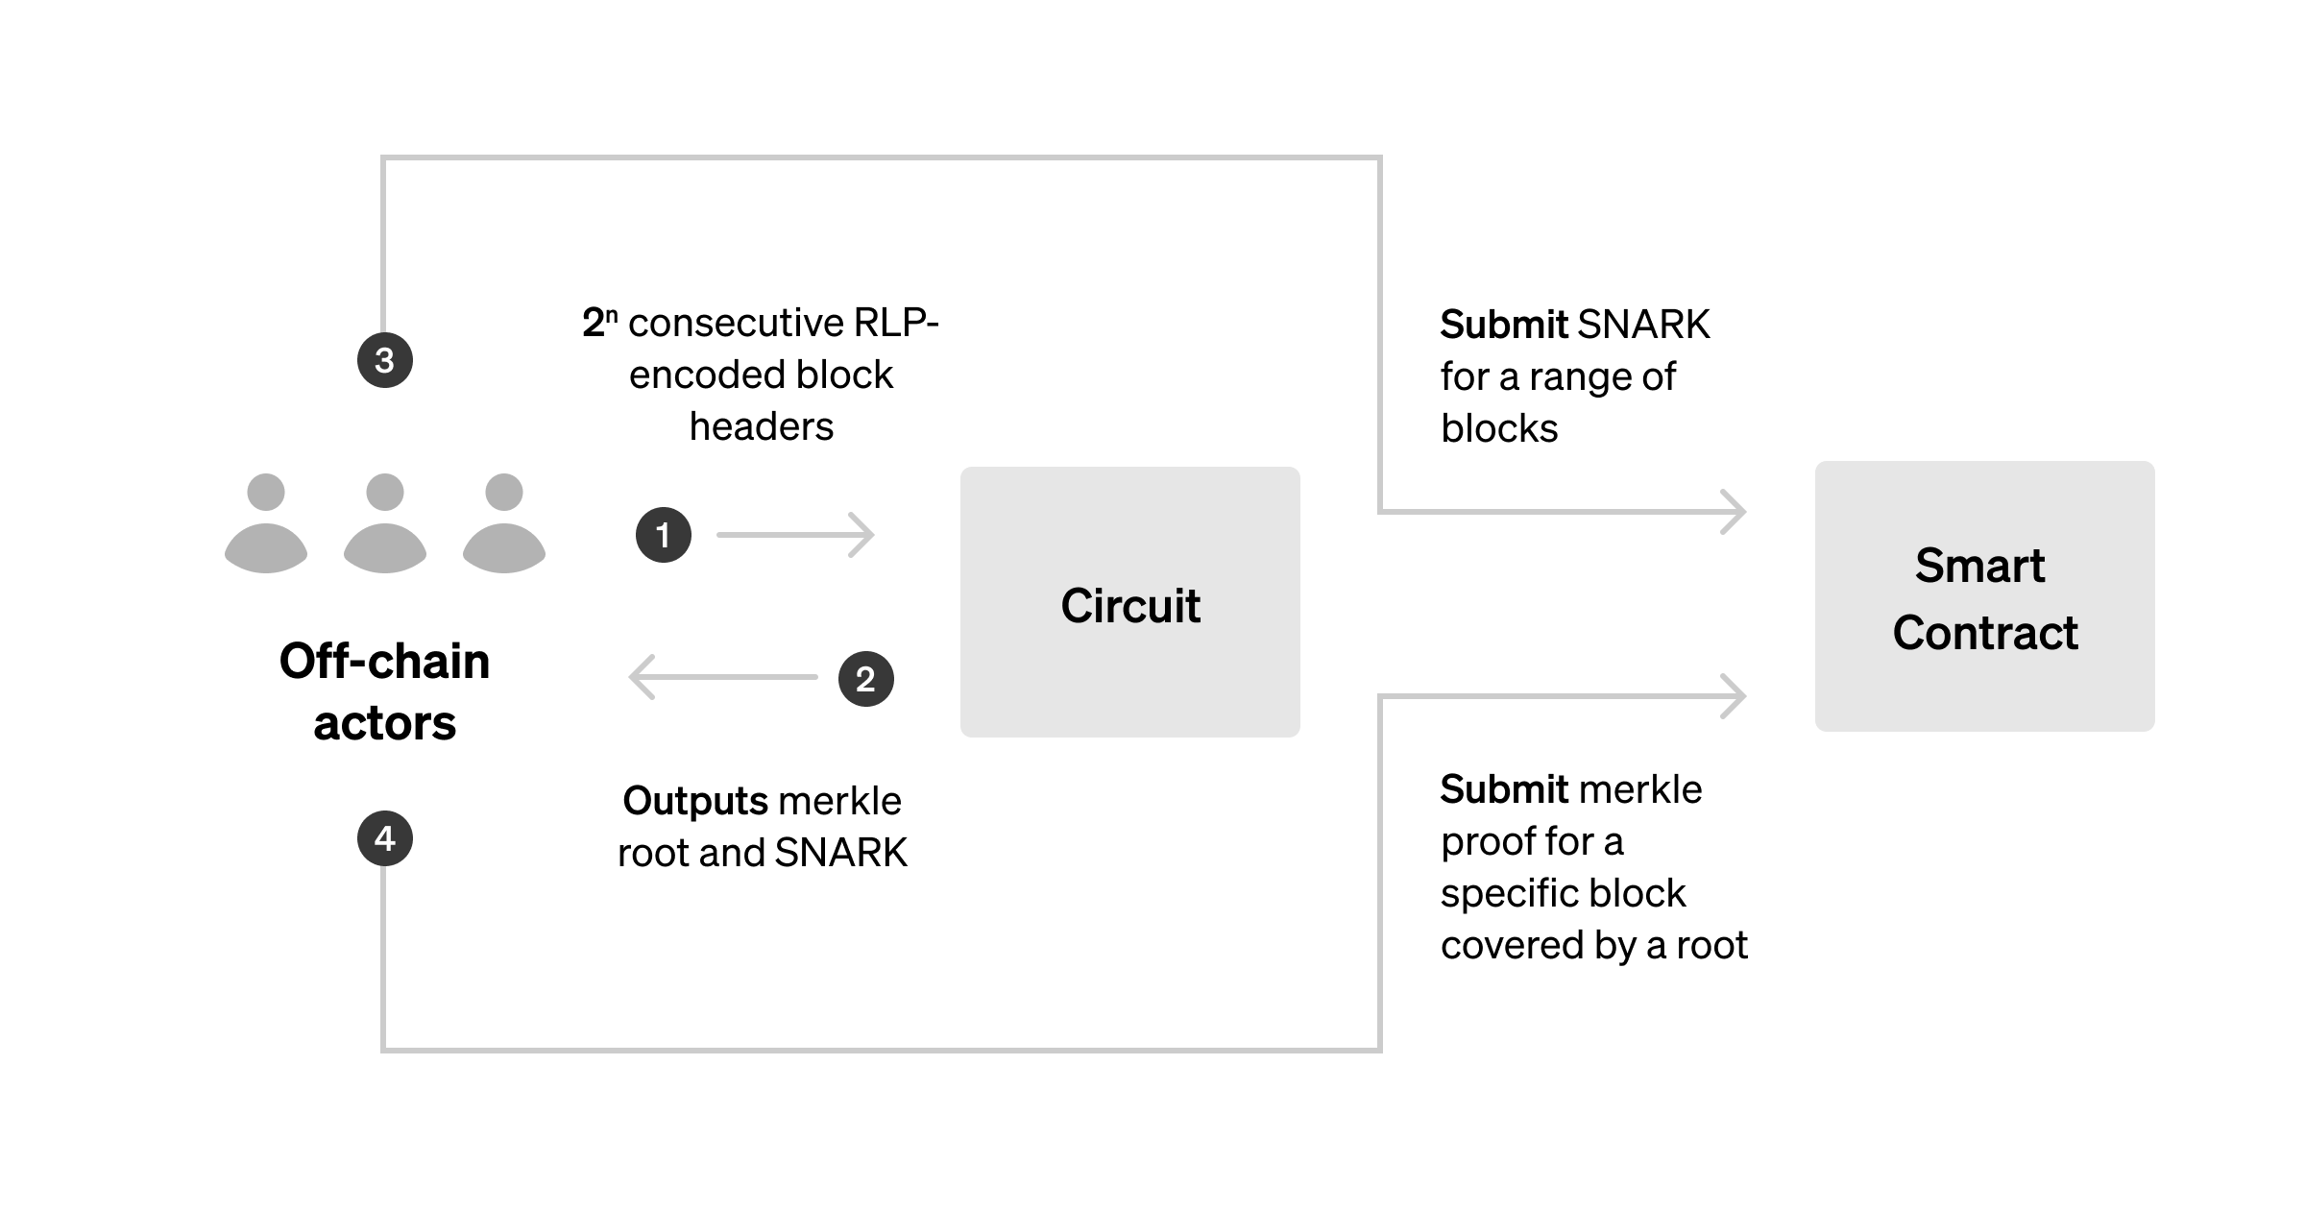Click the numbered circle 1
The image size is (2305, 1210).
663,535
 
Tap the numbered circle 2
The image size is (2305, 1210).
865,679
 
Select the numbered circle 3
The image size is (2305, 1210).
384,360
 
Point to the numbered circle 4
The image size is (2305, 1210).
384,838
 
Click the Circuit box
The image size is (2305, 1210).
1129,602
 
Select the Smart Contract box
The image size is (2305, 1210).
1984,596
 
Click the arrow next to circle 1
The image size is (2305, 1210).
796,535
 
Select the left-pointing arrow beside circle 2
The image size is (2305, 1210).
722,677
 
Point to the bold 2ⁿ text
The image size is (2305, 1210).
599,323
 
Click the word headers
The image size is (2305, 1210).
761,426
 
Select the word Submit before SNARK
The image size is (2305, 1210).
1504,325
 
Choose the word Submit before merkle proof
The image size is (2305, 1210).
1504,789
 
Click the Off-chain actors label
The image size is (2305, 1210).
384,691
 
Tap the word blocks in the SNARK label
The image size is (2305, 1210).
1498,428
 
